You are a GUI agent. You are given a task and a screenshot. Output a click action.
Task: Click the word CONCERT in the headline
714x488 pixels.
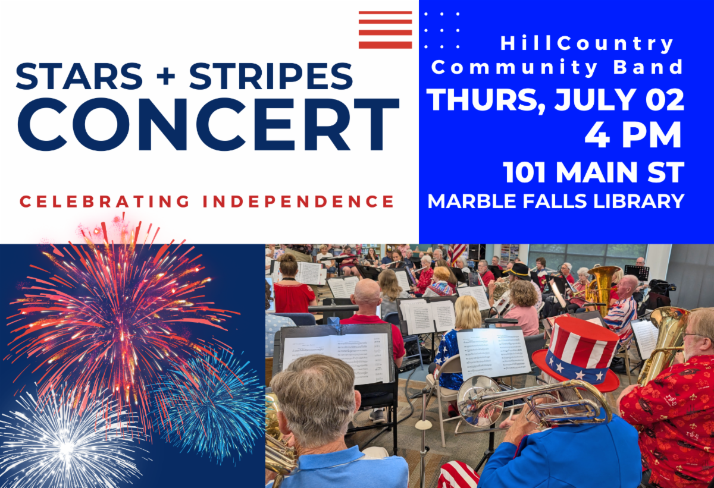click(x=208, y=124)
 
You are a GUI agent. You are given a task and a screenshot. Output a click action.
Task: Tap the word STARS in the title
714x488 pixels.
click(x=79, y=76)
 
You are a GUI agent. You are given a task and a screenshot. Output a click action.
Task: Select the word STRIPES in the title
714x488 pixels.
click(x=271, y=76)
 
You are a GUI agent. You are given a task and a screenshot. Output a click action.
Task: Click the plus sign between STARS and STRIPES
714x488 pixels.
click(x=166, y=77)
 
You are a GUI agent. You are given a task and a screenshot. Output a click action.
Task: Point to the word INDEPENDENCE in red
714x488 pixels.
click(x=298, y=201)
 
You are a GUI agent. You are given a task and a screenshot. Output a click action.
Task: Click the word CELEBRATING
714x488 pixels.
click(x=105, y=201)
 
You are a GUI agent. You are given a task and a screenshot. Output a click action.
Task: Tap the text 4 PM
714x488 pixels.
click(x=632, y=136)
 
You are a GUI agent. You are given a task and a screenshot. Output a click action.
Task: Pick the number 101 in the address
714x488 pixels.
click(x=524, y=172)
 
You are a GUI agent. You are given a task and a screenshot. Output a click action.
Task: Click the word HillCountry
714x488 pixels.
click(x=587, y=43)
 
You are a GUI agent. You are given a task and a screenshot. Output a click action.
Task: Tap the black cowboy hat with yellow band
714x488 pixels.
click(x=519, y=271)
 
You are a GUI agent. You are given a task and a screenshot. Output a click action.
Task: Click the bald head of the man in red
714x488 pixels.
click(x=367, y=294)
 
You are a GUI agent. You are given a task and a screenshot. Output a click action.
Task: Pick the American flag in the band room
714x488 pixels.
click(x=458, y=254)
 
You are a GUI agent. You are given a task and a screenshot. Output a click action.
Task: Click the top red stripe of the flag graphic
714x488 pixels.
click(x=385, y=13)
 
